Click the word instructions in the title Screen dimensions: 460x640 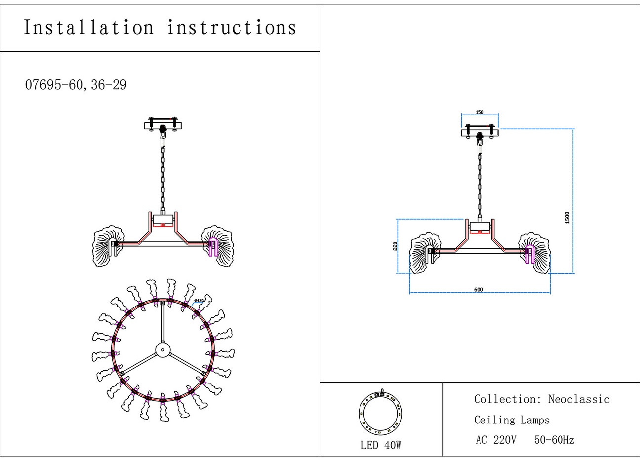pos(232,28)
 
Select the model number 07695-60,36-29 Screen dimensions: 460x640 pos(76,85)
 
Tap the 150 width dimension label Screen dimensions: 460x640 pos(480,112)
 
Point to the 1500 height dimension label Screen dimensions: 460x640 pos(567,218)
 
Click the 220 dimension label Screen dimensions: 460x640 pos(395,246)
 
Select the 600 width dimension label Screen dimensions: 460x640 pos(479,290)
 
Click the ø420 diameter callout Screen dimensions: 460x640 pos(199,300)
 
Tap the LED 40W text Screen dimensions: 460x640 pos(381,445)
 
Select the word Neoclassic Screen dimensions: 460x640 pos(579,399)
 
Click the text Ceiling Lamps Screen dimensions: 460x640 pos(512,420)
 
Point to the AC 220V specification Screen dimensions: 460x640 pos(496,440)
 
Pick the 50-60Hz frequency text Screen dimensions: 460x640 pos(554,440)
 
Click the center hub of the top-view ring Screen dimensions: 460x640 pos(162,350)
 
